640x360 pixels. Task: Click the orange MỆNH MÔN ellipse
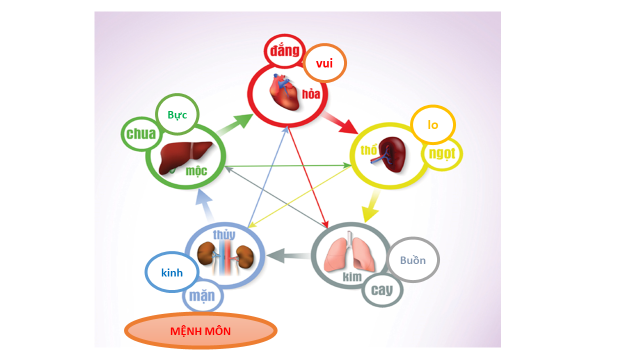pos(200,331)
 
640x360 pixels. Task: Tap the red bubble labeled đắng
pos(284,52)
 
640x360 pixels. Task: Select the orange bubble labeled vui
pos(324,63)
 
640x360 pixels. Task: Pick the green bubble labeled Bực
pos(178,115)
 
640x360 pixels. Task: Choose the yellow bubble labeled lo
pos(433,125)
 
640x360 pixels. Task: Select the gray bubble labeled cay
pos(381,290)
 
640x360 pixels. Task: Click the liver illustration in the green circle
pos(183,156)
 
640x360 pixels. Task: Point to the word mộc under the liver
pos(197,172)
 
